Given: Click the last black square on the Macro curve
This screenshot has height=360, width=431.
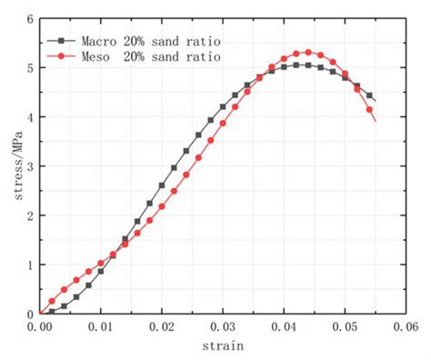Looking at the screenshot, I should point(369,96).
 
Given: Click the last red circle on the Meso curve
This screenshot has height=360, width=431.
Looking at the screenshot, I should point(369,110).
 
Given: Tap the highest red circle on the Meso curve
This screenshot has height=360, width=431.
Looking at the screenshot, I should point(308,52).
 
